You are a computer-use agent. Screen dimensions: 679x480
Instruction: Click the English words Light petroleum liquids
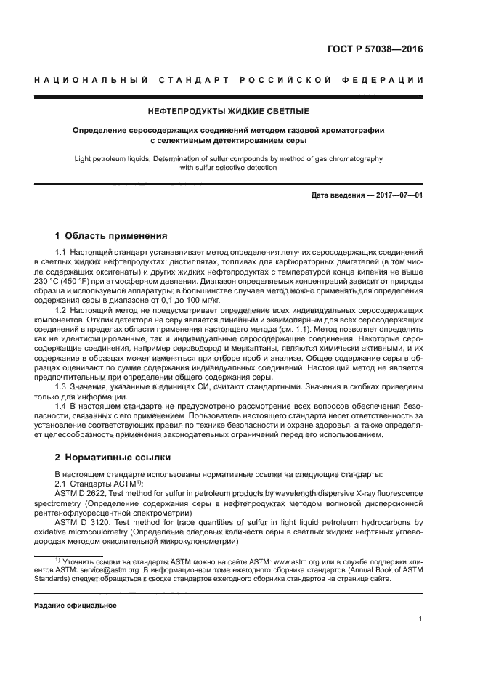tap(117, 158)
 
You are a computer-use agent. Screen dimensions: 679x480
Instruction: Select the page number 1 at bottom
tap(420, 619)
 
